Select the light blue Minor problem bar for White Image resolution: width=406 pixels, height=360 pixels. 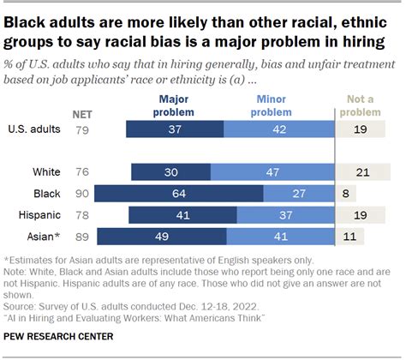click(272, 171)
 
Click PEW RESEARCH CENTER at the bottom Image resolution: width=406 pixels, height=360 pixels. click(59, 335)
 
